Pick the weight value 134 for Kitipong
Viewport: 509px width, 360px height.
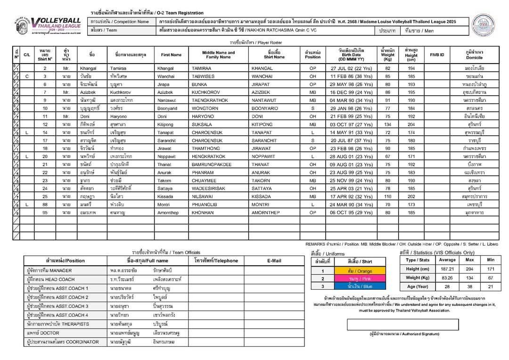(388, 124)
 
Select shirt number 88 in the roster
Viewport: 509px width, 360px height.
(45, 205)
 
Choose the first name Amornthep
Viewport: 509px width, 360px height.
(171, 213)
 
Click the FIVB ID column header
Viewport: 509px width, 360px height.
(437, 55)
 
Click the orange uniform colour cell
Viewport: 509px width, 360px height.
(360, 271)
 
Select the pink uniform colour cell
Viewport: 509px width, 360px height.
(360, 278)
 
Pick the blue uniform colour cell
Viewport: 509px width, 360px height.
(360, 286)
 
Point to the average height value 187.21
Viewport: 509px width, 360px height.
(447, 269)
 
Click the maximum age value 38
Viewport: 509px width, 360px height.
(469, 286)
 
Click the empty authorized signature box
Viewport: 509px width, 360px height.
(402, 325)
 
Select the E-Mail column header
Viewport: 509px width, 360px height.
(274, 260)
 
